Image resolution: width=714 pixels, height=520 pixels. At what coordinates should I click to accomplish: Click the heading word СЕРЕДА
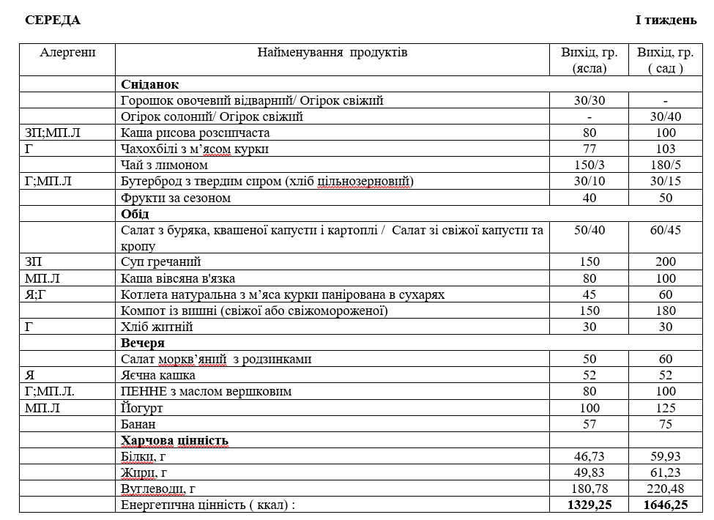click(53, 20)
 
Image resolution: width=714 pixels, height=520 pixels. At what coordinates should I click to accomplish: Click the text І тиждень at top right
click(666, 20)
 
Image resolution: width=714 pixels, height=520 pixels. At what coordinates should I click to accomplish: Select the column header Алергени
click(67, 52)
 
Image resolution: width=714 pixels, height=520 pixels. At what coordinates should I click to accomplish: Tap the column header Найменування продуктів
click(332, 52)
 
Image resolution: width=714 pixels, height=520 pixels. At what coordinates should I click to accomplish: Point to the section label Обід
click(135, 214)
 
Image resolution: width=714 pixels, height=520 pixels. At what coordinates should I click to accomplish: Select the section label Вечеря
click(143, 343)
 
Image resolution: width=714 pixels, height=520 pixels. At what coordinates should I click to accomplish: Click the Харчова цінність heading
click(175, 440)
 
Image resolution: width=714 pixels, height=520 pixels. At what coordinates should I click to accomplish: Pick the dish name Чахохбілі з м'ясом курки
click(195, 149)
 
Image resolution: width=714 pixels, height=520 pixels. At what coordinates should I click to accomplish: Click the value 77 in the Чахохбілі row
click(590, 149)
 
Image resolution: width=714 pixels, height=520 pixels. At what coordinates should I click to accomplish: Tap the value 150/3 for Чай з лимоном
click(590, 166)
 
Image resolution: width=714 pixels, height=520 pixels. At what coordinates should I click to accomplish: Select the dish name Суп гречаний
click(160, 261)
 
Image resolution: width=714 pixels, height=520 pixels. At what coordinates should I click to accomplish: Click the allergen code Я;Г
click(36, 294)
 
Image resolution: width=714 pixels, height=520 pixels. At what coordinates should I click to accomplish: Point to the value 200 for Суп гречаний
click(665, 261)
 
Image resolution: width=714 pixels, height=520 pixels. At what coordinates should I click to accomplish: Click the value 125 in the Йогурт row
click(665, 407)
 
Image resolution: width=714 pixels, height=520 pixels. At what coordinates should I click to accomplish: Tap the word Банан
click(138, 424)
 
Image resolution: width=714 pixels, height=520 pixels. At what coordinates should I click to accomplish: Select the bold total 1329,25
click(590, 505)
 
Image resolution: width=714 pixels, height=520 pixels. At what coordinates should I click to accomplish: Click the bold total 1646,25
click(665, 505)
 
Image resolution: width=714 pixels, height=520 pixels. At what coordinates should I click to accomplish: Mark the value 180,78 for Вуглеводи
click(590, 489)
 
